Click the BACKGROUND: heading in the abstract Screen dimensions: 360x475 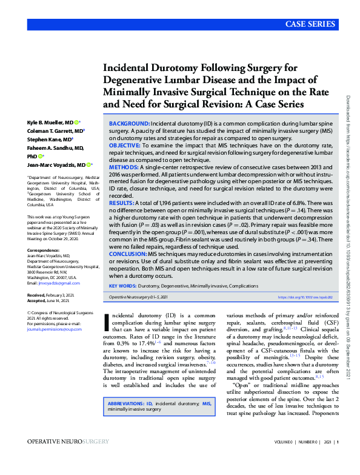(x=129, y=123)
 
